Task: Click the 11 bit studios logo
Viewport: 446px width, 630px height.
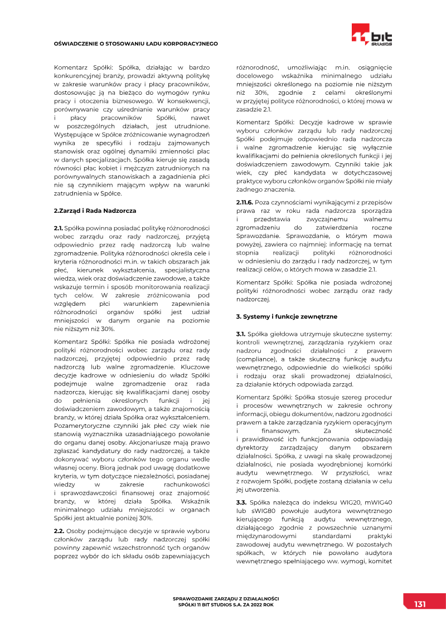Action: (372, 35)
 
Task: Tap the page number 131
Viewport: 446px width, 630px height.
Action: (420, 604)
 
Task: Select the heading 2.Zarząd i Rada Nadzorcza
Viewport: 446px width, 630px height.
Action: (94, 211)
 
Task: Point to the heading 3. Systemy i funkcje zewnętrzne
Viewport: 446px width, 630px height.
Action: (287, 316)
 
